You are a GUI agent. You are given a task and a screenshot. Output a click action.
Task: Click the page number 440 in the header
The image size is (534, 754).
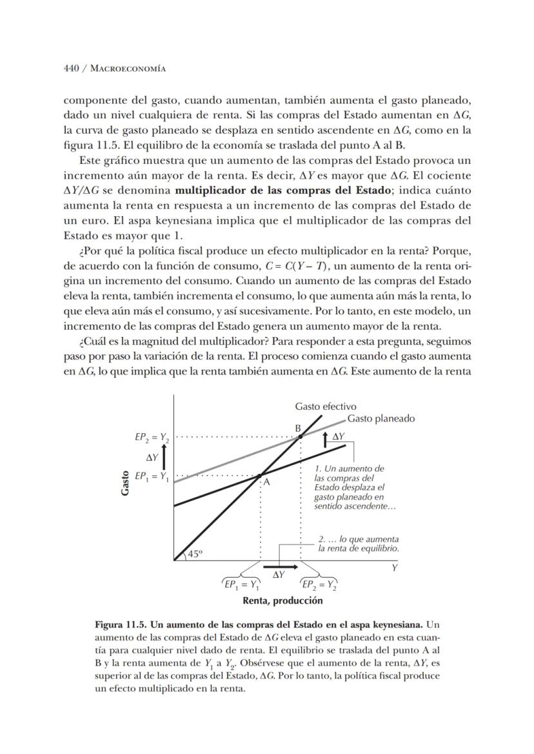click(72, 68)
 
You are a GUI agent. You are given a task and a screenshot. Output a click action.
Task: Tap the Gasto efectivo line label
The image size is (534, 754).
click(326, 406)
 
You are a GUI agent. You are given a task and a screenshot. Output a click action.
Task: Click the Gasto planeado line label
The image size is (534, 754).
click(381, 418)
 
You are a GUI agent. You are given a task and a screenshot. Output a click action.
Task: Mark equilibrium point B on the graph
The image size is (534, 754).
click(300, 437)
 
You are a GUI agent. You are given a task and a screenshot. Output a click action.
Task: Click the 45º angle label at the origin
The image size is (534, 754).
click(195, 553)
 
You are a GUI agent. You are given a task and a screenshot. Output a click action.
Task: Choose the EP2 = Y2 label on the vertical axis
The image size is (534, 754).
click(152, 438)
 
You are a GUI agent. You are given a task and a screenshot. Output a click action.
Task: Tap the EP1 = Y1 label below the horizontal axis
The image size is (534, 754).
click(242, 586)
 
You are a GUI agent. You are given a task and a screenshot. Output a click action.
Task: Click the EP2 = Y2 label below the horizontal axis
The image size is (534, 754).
click(319, 586)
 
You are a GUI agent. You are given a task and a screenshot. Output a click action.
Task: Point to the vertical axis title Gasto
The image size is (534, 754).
click(126, 482)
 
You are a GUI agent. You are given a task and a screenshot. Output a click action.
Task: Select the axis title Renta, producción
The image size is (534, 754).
click(282, 600)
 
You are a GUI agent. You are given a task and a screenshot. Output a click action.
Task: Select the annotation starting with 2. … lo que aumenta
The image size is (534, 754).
click(359, 544)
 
